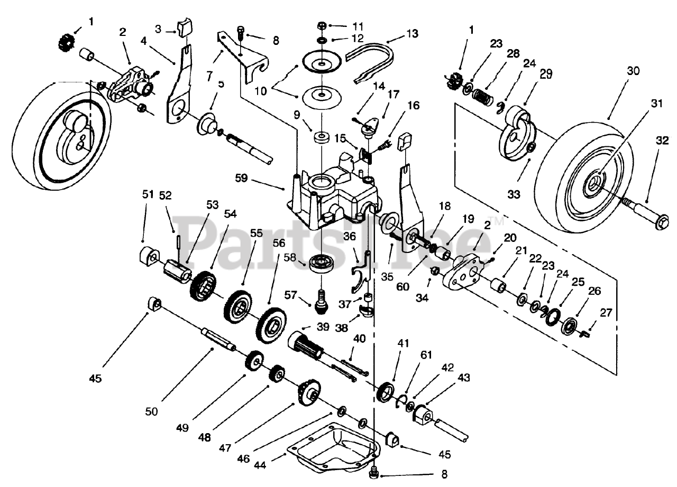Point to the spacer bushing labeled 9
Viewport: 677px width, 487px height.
(x=321, y=138)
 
